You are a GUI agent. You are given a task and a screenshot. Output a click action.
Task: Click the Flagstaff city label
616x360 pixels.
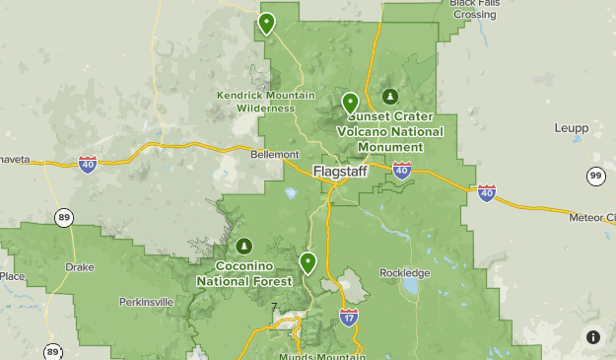click(x=341, y=171)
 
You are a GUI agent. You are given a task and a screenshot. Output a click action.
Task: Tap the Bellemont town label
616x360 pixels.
click(x=275, y=155)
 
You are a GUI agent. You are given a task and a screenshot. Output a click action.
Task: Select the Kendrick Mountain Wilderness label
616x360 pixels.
click(x=266, y=102)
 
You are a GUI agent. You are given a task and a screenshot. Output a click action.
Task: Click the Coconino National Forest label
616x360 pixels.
click(x=243, y=273)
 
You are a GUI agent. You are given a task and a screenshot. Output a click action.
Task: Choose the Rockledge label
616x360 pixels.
click(x=405, y=273)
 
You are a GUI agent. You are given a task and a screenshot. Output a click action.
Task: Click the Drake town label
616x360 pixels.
click(x=80, y=266)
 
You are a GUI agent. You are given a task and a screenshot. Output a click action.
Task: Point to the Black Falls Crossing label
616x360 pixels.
click(x=474, y=9)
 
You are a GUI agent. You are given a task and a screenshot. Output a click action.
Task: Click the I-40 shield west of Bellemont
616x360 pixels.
click(x=88, y=164)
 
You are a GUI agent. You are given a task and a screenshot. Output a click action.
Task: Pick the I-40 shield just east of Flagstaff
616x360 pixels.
click(x=401, y=171)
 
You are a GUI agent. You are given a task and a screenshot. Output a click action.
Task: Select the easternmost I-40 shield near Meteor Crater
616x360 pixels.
click(x=487, y=192)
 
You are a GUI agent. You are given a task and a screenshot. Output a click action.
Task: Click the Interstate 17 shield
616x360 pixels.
click(x=349, y=317)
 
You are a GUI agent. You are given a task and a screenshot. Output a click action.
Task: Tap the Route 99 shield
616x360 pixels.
click(x=594, y=176)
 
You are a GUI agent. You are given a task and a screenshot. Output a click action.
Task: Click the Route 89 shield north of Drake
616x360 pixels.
click(x=64, y=218)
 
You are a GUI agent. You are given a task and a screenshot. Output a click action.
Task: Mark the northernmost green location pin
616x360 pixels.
click(x=266, y=22)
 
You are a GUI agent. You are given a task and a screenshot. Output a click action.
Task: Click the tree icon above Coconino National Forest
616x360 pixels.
click(x=243, y=245)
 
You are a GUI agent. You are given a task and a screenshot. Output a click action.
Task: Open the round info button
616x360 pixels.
click(x=593, y=337)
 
